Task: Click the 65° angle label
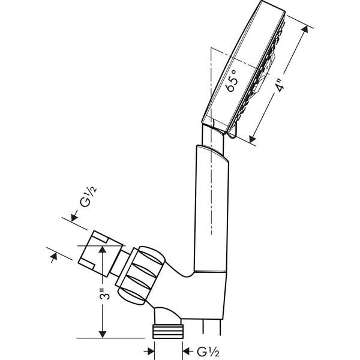coord(231,81)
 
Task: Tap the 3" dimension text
coord(105,293)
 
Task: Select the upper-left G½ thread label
coord(88,197)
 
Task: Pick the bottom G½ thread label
coord(208,352)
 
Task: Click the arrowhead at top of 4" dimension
coord(305,29)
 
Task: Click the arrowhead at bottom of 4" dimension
coord(253,139)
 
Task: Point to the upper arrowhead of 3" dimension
coord(103,249)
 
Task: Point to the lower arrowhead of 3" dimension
coord(103,334)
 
